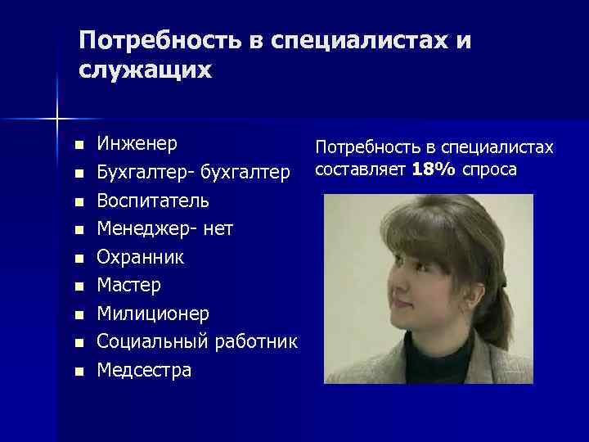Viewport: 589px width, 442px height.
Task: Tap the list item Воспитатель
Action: click(153, 201)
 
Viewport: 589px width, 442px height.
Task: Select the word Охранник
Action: click(141, 257)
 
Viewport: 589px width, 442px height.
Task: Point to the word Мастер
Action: click(129, 286)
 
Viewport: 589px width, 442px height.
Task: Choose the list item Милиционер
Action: click(153, 313)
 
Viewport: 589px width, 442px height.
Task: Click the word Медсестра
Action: click(144, 370)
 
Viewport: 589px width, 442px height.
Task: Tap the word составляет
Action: click(361, 169)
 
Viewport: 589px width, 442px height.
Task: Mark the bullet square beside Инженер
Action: click(78, 146)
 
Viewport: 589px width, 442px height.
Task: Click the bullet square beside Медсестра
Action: click(78, 372)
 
